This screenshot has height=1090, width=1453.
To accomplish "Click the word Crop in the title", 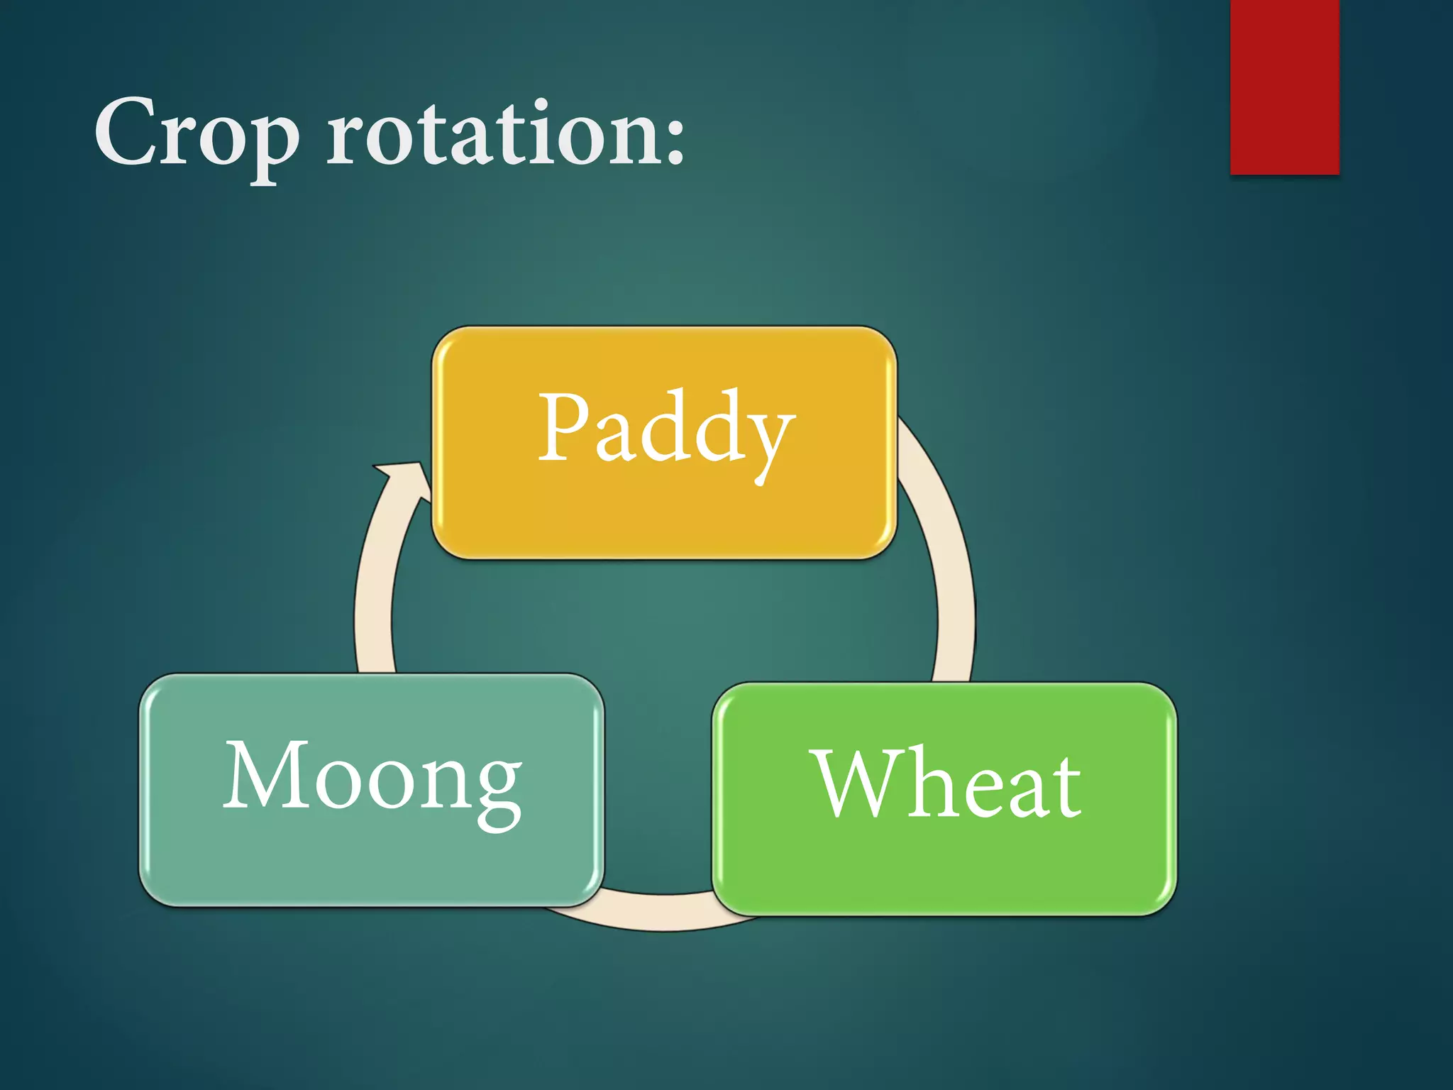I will point(197,135).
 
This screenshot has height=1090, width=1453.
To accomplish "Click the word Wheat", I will point(947,784).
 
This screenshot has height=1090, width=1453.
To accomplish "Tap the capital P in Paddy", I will point(564,426).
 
